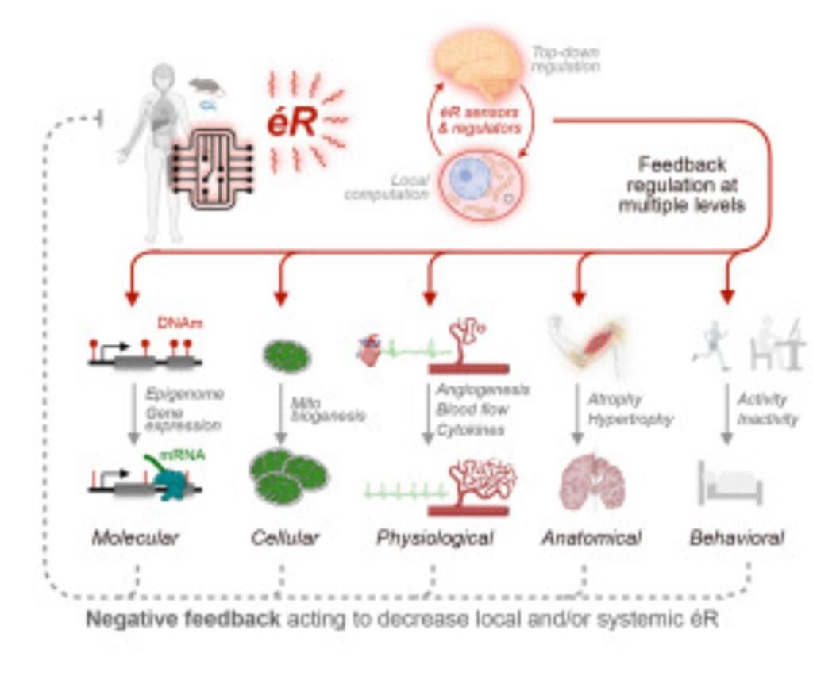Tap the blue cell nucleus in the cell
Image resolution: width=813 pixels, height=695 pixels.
[474, 180]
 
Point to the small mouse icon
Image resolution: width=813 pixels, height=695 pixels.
[205, 86]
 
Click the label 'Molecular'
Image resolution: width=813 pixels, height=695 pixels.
[135, 537]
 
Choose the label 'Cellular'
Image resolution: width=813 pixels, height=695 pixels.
[284, 537]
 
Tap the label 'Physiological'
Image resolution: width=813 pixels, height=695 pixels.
[434, 537]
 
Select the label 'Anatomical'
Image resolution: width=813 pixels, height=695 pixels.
[591, 537]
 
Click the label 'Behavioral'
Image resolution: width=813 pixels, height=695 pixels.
[737, 537]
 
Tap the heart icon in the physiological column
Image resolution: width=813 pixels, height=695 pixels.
[370, 353]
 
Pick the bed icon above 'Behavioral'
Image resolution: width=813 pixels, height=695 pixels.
[730, 482]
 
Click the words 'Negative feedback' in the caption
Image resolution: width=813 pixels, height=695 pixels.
[183, 619]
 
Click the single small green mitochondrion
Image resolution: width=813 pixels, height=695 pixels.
[286, 357]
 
